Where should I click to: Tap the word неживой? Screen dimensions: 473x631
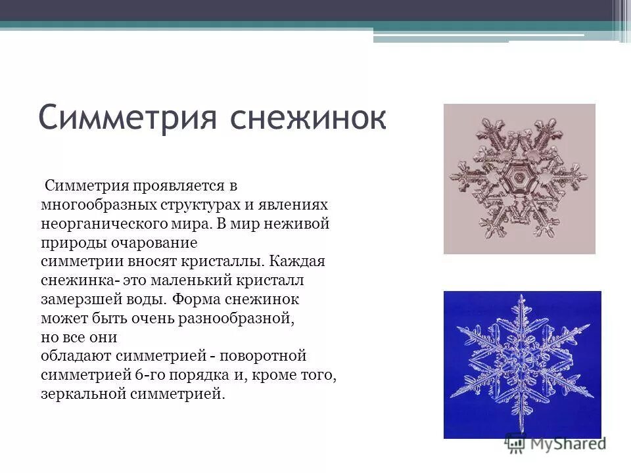tap(298, 224)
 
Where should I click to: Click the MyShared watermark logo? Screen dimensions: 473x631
tap(555, 443)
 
